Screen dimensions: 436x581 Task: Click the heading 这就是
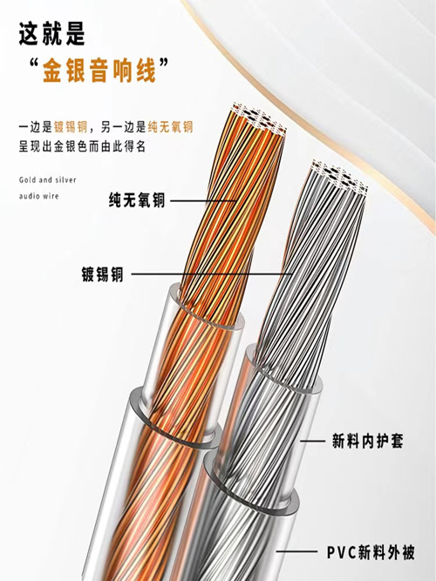(x=52, y=34)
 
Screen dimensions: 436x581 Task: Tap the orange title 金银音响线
(x=99, y=70)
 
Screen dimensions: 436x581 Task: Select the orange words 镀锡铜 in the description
(x=71, y=127)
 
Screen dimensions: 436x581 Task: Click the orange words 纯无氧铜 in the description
(x=170, y=127)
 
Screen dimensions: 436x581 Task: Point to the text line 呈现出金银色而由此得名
(x=82, y=146)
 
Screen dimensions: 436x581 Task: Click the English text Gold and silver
(x=47, y=180)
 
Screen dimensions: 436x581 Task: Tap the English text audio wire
(x=39, y=196)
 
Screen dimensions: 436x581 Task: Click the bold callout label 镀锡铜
(x=102, y=274)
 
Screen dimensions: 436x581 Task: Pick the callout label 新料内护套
(x=367, y=441)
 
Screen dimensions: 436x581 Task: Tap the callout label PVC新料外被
(x=371, y=552)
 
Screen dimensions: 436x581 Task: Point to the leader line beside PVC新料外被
(x=296, y=551)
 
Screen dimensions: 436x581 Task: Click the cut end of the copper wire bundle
(x=259, y=118)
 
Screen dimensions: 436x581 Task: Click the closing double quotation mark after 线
(x=163, y=63)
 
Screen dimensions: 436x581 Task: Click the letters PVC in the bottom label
(x=342, y=553)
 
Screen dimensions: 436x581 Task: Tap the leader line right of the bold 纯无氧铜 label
(x=203, y=201)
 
